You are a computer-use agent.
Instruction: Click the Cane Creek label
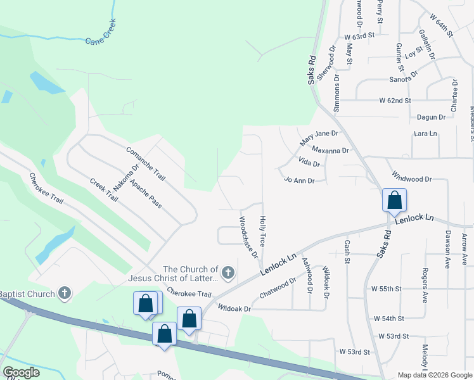[101, 39]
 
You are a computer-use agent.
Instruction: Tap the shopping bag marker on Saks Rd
[394, 201]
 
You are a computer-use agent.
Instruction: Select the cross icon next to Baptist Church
[63, 293]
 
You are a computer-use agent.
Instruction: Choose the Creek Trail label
[104, 190]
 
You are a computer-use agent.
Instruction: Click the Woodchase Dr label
[248, 237]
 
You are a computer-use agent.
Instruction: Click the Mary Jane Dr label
[319, 134]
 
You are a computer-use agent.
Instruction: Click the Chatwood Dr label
[278, 289]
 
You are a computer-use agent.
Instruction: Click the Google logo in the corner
[22, 372]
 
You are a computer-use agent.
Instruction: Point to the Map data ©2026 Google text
[435, 375]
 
